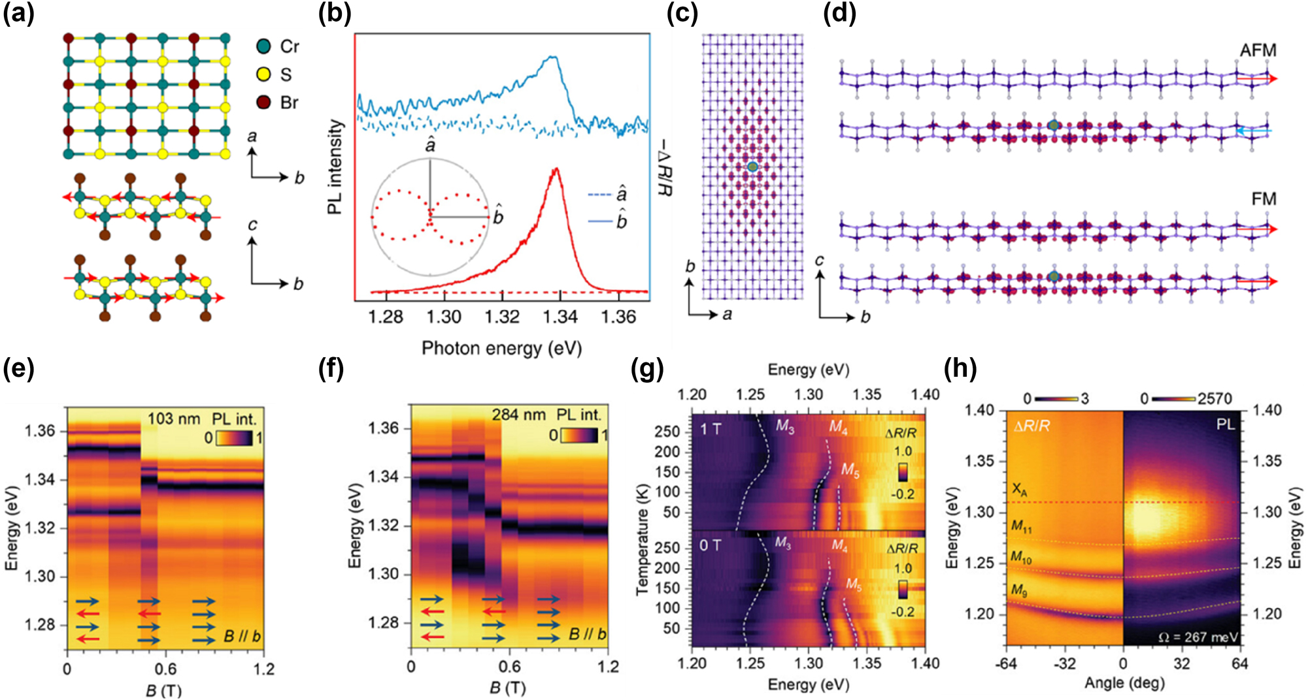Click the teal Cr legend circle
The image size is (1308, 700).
pos(263,46)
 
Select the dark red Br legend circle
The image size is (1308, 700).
pos(263,103)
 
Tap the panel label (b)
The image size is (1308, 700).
pos(334,13)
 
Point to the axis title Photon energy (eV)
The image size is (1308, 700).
pos(501,348)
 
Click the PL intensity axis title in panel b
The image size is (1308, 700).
pos(335,167)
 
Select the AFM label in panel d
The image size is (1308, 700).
pos(1258,50)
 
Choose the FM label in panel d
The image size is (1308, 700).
pos(1264,199)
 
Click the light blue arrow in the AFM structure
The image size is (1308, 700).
pos(1254,131)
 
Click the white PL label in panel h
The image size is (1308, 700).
pos(1225,424)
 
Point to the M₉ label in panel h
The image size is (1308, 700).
pos(1019,590)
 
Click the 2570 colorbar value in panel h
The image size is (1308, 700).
pos(1215,398)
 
